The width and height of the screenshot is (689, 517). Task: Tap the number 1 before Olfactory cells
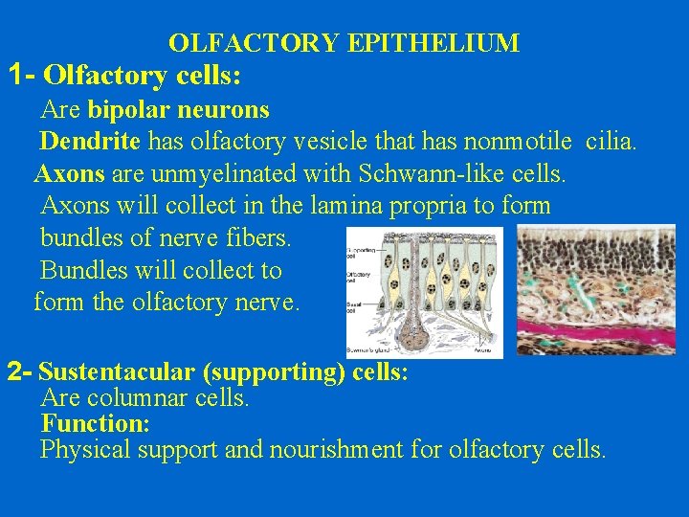click(x=14, y=74)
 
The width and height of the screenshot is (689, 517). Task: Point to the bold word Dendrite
click(x=90, y=143)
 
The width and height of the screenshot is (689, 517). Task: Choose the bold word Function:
click(x=95, y=423)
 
